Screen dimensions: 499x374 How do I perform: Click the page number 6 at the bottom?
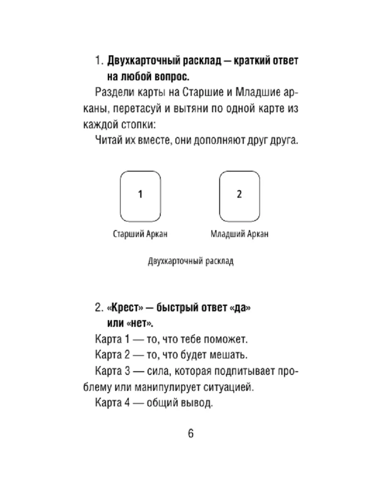pyautogui.click(x=191, y=433)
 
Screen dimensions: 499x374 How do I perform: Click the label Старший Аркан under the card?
pyautogui.click(x=140, y=234)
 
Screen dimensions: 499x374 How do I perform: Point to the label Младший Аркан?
pyautogui.click(x=239, y=234)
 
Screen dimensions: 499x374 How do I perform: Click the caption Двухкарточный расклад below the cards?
pyautogui.click(x=190, y=262)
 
